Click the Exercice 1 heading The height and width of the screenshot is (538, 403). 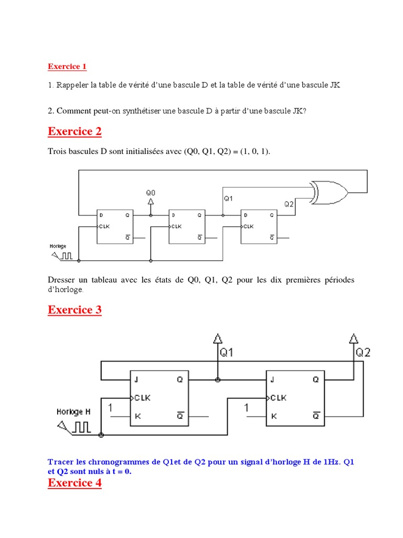(x=67, y=66)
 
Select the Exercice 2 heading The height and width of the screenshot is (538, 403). (x=75, y=131)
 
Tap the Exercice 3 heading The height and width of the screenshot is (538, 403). (x=75, y=309)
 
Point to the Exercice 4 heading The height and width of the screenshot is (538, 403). (x=75, y=482)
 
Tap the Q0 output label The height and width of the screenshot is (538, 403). (x=151, y=193)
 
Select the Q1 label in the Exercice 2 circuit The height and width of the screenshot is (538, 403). (x=228, y=199)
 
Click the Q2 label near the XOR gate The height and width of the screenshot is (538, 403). (x=289, y=204)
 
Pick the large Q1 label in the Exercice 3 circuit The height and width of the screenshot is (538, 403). (x=227, y=353)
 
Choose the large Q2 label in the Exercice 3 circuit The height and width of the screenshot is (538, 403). (x=363, y=353)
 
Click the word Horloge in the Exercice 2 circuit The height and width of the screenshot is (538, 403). (x=58, y=245)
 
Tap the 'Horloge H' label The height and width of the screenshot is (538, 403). (x=73, y=412)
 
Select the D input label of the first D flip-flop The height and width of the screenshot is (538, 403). (x=101, y=215)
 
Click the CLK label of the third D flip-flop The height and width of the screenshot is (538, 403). (x=248, y=226)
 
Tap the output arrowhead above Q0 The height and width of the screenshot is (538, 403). (x=151, y=201)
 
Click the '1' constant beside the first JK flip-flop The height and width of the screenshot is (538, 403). (x=110, y=407)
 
